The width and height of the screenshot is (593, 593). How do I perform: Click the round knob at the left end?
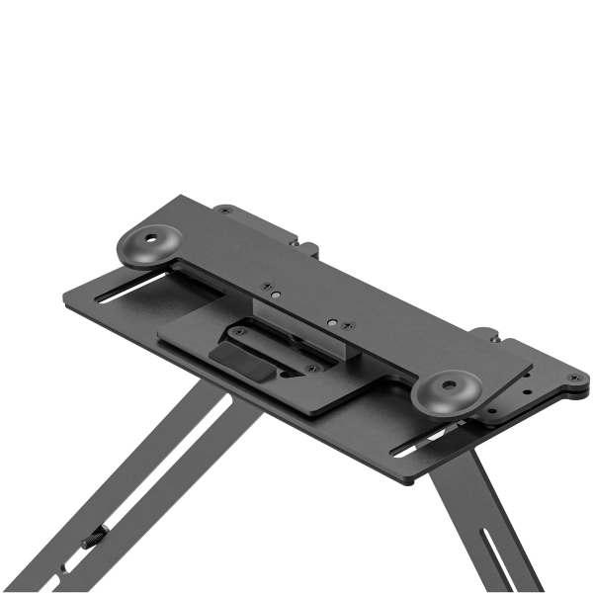pos(152,244)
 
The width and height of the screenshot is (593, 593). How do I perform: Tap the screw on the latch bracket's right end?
pos(312,369)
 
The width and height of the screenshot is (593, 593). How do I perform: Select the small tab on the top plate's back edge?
pos(305,247)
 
